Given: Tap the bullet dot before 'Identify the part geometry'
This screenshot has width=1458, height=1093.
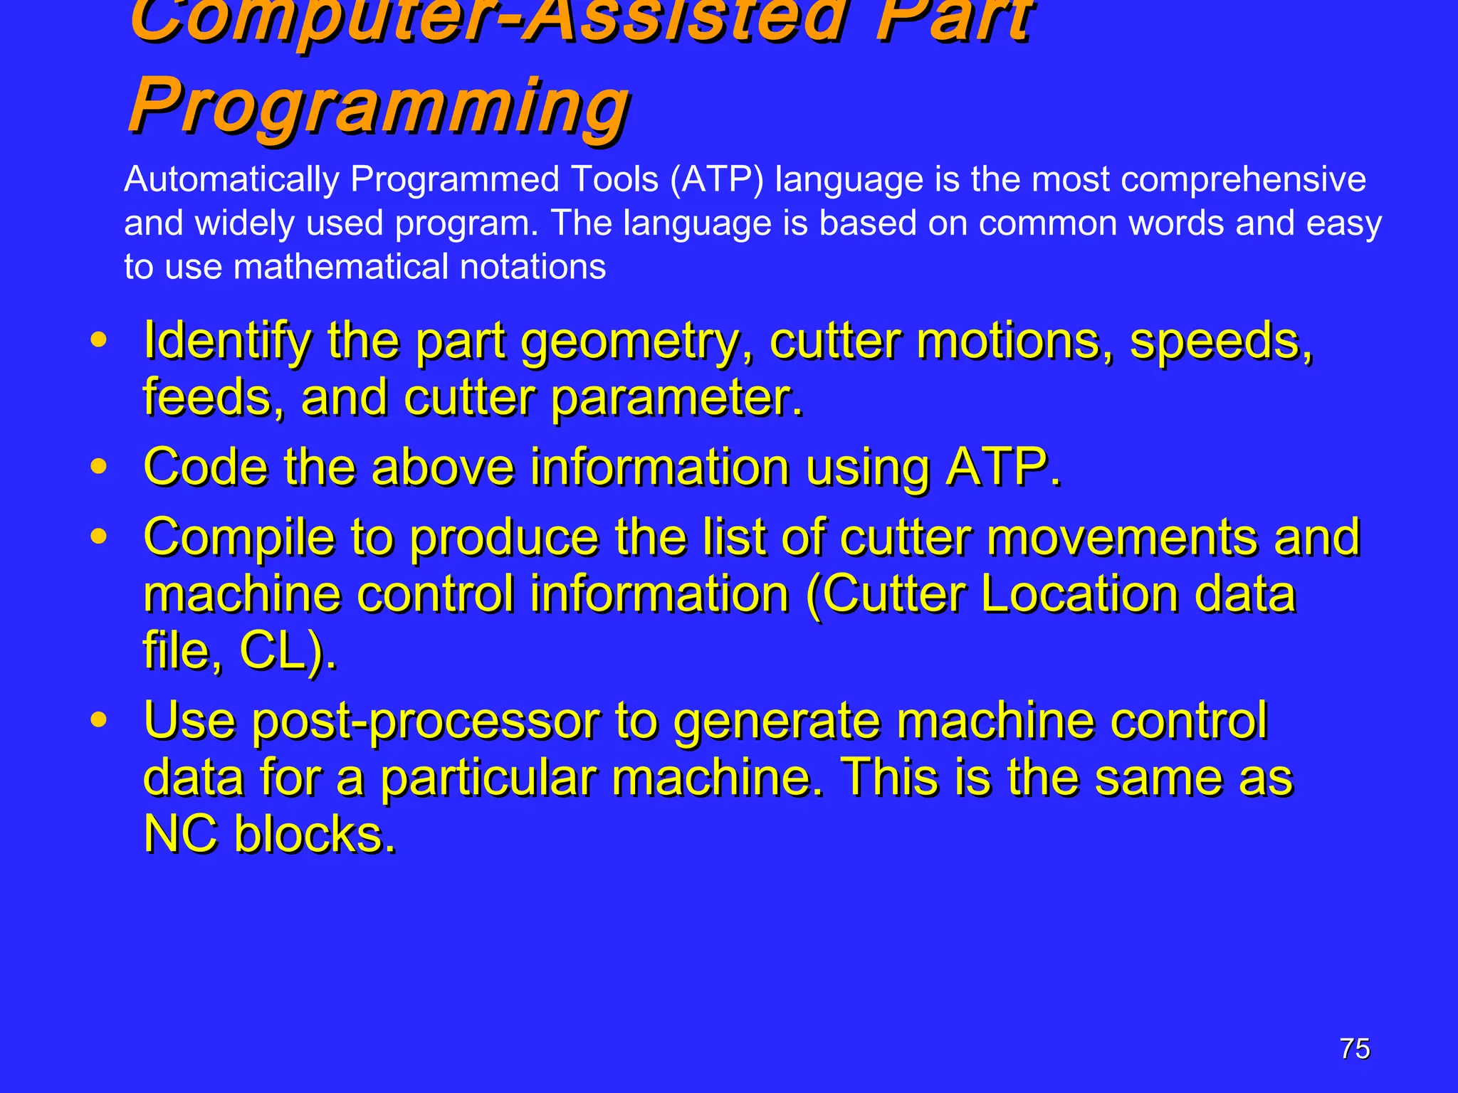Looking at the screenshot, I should click(99, 339).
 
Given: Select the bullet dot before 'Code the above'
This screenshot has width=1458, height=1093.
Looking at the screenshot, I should click(99, 467).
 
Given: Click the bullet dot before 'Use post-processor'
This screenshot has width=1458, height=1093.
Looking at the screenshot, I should click(99, 719).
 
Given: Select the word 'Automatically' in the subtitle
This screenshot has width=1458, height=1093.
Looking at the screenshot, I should click(231, 179).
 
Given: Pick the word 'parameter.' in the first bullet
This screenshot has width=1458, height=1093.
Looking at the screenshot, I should click(677, 397).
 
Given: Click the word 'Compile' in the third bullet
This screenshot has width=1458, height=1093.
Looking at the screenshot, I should click(238, 538).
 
